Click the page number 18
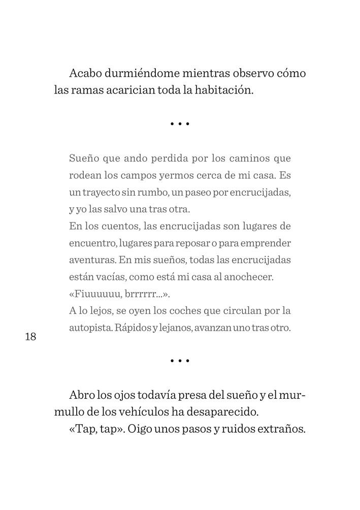[30, 337]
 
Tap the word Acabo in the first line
[85, 73]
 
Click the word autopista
[90, 328]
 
